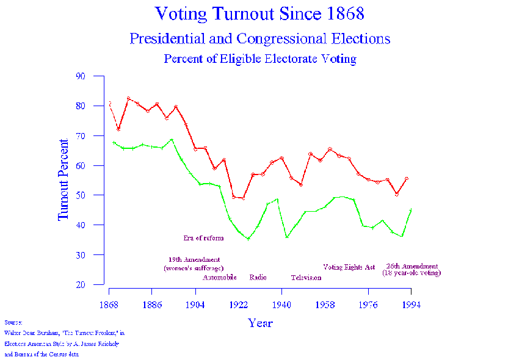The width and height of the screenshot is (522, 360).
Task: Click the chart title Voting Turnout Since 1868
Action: click(x=260, y=13)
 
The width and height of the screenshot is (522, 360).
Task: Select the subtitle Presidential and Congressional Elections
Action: click(x=260, y=39)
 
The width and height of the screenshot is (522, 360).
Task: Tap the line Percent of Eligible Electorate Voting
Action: click(x=260, y=59)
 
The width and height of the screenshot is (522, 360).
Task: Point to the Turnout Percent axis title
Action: click(x=63, y=180)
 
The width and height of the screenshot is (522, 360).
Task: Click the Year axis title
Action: click(x=260, y=323)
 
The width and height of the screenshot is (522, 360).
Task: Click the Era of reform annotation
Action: click(x=203, y=238)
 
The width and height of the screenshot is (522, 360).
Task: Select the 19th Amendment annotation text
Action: click(x=194, y=260)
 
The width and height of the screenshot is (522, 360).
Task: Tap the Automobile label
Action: click(x=220, y=278)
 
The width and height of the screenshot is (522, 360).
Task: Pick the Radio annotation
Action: click(x=258, y=278)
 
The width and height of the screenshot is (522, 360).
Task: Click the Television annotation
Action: click(x=306, y=278)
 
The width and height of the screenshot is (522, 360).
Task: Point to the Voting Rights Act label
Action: click(x=349, y=267)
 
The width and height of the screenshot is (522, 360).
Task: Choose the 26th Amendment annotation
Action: click(x=412, y=267)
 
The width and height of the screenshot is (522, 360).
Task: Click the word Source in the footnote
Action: click(x=13, y=322)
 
